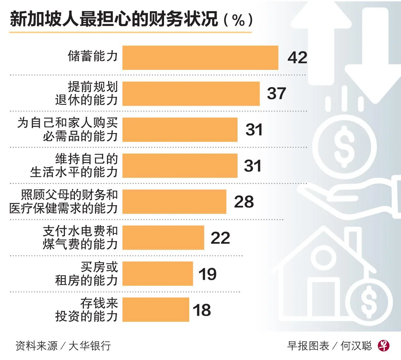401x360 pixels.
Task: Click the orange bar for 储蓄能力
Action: point(200,58)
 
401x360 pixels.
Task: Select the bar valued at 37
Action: point(191,94)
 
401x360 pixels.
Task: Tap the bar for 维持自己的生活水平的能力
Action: point(180,166)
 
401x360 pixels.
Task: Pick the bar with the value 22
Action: point(163,238)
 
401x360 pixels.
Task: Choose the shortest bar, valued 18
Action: point(155,310)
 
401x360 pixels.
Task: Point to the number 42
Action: point(297,58)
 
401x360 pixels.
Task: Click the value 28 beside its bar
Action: point(244,202)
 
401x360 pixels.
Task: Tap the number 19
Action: point(207,274)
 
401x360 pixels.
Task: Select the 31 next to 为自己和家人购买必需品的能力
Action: point(254,130)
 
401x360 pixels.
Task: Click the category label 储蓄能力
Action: point(93,56)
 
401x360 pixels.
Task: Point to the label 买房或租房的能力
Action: point(87,274)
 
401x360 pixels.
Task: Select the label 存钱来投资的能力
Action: point(87,310)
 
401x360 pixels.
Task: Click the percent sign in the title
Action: point(238,21)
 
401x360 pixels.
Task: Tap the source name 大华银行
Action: point(89,346)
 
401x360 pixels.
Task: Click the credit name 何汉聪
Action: point(356,346)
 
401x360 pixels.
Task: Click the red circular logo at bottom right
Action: point(384,345)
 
